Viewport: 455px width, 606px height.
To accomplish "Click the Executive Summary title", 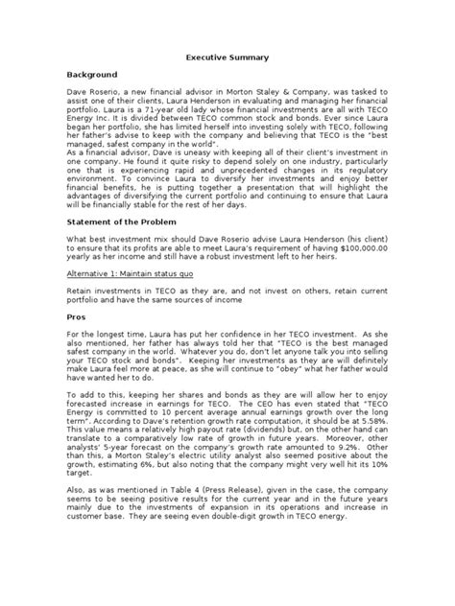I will click(227, 58).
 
